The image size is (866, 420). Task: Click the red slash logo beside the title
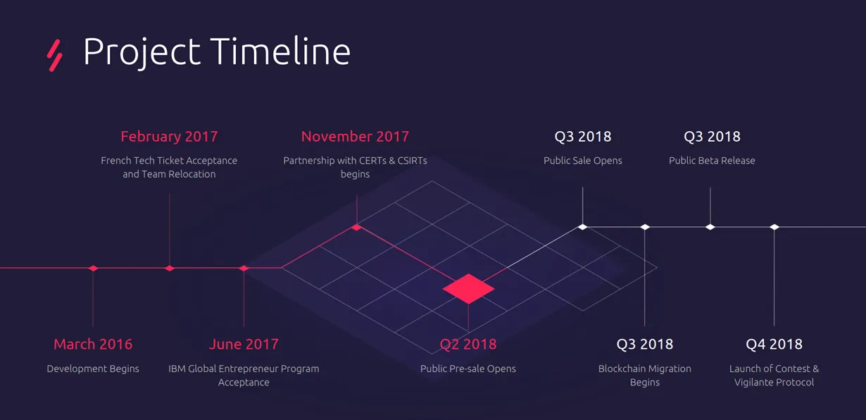54,56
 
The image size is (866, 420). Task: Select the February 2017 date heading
169,137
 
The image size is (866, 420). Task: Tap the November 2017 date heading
355,137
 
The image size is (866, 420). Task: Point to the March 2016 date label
93,345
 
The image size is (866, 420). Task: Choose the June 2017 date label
244,345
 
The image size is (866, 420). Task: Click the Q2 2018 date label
468,345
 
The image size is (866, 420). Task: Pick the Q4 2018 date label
774,345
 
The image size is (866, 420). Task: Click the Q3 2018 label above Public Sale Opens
583,137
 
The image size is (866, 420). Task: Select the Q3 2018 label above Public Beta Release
712,137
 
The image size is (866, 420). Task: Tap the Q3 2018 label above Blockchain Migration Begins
644,345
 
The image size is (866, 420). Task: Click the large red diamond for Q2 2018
469,289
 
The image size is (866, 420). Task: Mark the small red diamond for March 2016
93,268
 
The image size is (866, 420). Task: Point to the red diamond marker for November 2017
356,227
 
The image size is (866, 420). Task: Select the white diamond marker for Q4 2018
774,227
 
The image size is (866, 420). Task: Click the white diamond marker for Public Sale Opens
583,227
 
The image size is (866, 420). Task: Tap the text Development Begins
93,369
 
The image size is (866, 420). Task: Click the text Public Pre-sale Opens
467,369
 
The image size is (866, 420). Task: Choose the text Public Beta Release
712,161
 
